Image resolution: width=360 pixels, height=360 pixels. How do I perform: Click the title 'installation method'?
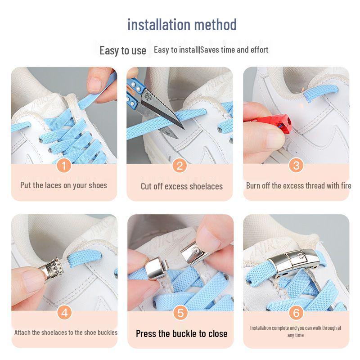[x=182, y=24]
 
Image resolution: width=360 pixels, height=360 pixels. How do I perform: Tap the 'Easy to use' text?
[x=122, y=50]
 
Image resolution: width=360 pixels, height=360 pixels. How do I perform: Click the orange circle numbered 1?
[x=64, y=166]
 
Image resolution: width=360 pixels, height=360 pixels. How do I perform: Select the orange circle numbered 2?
[x=180, y=166]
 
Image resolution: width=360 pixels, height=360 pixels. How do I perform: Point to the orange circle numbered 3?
[x=296, y=165]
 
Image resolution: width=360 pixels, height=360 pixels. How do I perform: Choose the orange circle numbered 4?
[x=64, y=312]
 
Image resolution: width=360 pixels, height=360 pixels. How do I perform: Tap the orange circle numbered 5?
[x=180, y=312]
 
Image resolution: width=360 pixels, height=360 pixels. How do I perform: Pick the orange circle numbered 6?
[x=296, y=312]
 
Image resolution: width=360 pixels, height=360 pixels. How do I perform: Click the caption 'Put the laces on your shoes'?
[x=63, y=185]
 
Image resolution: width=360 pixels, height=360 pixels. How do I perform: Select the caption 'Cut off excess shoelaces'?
[x=181, y=186]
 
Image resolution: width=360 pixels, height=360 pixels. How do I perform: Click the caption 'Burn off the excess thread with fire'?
[x=298, y=185]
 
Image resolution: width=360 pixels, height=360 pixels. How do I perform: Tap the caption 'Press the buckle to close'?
[x=181, y=333]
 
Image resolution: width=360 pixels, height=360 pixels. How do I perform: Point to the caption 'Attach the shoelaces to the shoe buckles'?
[x=66, y=333]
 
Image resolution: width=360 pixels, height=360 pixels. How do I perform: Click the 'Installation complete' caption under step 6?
[x=296, y=331]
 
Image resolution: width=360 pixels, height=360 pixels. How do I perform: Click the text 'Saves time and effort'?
[x=234, y=50]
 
